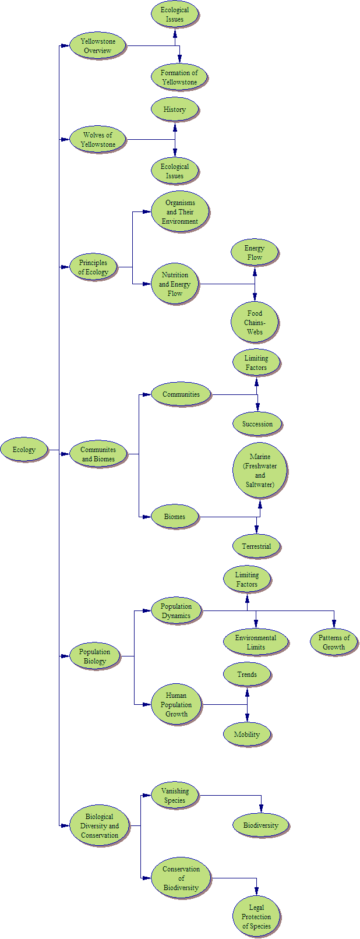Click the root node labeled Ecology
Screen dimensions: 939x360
point(24,450)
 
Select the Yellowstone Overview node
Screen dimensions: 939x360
point(98,46)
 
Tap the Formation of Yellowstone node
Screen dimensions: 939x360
point(179,77)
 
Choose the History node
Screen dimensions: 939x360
point(174,109)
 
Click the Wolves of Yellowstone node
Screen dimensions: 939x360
point(98,139)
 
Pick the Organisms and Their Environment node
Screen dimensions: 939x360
point(179,212)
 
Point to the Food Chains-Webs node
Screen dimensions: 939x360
point(255,322)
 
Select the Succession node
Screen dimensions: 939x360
point(257,424)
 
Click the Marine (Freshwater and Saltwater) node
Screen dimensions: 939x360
point(259,471)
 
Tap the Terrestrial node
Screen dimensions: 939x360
point(256,546)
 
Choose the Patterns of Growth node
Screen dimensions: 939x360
point(334,642)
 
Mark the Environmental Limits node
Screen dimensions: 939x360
point(256,642)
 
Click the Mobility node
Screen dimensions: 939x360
point(246,734)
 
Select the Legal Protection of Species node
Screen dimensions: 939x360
point(256,916)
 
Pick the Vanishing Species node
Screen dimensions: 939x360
point(175,795)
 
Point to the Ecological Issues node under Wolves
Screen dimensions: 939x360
point(174,171)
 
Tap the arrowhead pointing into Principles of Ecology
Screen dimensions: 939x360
point(65,267)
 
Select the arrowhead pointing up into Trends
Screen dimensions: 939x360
point(247,692)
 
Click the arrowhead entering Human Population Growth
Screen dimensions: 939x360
point(146,704)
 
